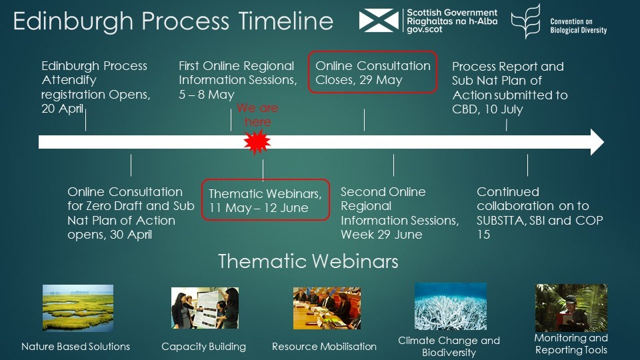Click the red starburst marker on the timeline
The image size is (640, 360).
point(257,142)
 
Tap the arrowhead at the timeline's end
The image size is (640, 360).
point(597,142)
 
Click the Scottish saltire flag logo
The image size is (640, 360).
point(379,21)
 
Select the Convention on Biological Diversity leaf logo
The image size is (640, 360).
point(526,21)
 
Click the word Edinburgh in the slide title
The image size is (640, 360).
point(73,21)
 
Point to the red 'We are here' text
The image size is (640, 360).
point(257,115)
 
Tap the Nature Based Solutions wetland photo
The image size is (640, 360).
point(78,308)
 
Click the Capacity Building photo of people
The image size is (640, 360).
point(205,308)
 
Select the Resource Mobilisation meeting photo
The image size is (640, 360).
point(327,308)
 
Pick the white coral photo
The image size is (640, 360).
point(451,306)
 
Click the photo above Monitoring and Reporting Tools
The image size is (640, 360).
point(571,308)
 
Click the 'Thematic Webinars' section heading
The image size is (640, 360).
point(308,261)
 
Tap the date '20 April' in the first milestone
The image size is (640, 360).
point(63,109)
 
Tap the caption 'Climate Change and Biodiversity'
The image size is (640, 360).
point(449,346)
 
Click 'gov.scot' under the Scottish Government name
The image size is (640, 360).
point(425,29)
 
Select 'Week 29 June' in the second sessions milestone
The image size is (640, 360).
point(381,234)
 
